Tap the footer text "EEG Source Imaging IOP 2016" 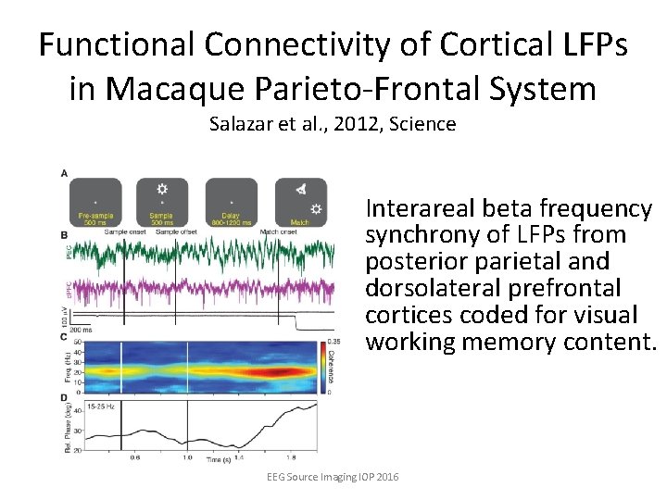333,476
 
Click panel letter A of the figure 64,174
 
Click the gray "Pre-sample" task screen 95,203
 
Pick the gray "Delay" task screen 232,203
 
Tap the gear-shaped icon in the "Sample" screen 162,188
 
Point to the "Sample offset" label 177,232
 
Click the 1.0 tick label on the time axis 188,456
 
